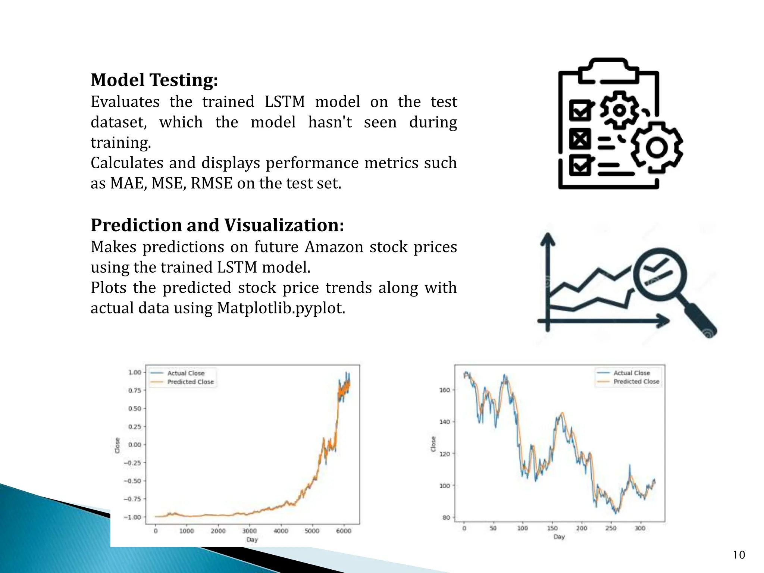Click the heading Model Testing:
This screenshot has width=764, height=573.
154,80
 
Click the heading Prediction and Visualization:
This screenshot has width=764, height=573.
217,225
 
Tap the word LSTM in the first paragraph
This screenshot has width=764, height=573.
284,102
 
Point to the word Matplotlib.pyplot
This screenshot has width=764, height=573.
281,309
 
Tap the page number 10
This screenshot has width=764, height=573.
739,555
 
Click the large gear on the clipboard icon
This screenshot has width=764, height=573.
657,147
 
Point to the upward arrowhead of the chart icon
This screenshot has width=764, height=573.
548,239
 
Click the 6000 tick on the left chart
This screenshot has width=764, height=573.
344,531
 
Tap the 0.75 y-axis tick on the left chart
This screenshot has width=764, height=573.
135,390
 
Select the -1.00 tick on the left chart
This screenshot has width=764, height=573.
132,517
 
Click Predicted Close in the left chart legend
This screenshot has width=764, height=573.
190,382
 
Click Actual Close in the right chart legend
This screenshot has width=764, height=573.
632,373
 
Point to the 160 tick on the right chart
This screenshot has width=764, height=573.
445,390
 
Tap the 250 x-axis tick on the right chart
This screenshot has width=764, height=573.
611,528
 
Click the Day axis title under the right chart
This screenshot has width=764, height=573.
559,536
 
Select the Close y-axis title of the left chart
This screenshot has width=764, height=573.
117,445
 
